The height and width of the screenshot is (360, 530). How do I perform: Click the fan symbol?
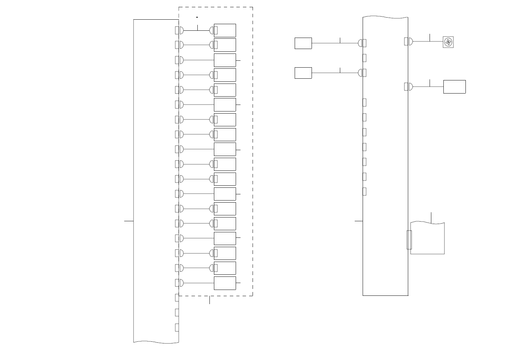(448, 42)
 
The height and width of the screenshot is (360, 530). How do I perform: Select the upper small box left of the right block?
(303, 43)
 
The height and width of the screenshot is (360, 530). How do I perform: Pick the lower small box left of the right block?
(303, 73)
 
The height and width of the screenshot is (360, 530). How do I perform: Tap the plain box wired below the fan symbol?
(454, 87)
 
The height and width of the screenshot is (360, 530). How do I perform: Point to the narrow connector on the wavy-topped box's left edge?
(409, 240)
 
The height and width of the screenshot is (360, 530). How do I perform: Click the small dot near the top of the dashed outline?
(197, 17)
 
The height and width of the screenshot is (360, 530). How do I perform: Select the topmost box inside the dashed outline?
(225, 30)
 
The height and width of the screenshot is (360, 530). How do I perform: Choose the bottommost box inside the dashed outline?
(225, 283)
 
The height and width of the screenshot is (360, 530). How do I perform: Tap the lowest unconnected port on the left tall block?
(177, 328)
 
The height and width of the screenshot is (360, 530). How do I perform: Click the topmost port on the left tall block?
(177, 30)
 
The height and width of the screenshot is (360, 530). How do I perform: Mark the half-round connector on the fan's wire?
(411, 41)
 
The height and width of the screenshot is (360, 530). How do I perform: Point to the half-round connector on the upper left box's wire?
(360, 43)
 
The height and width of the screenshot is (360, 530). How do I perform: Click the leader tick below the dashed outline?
(209, 300)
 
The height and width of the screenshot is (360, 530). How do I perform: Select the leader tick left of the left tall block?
(129, 221)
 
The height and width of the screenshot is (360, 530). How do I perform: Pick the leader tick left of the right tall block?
(359, 221)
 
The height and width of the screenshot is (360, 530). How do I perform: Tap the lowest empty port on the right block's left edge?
(364, 192)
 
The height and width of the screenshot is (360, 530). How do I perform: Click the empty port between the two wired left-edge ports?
(364, 58)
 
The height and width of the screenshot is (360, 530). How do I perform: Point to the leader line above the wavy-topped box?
(431, 218)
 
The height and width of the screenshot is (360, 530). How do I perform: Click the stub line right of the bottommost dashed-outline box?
(238, 283)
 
